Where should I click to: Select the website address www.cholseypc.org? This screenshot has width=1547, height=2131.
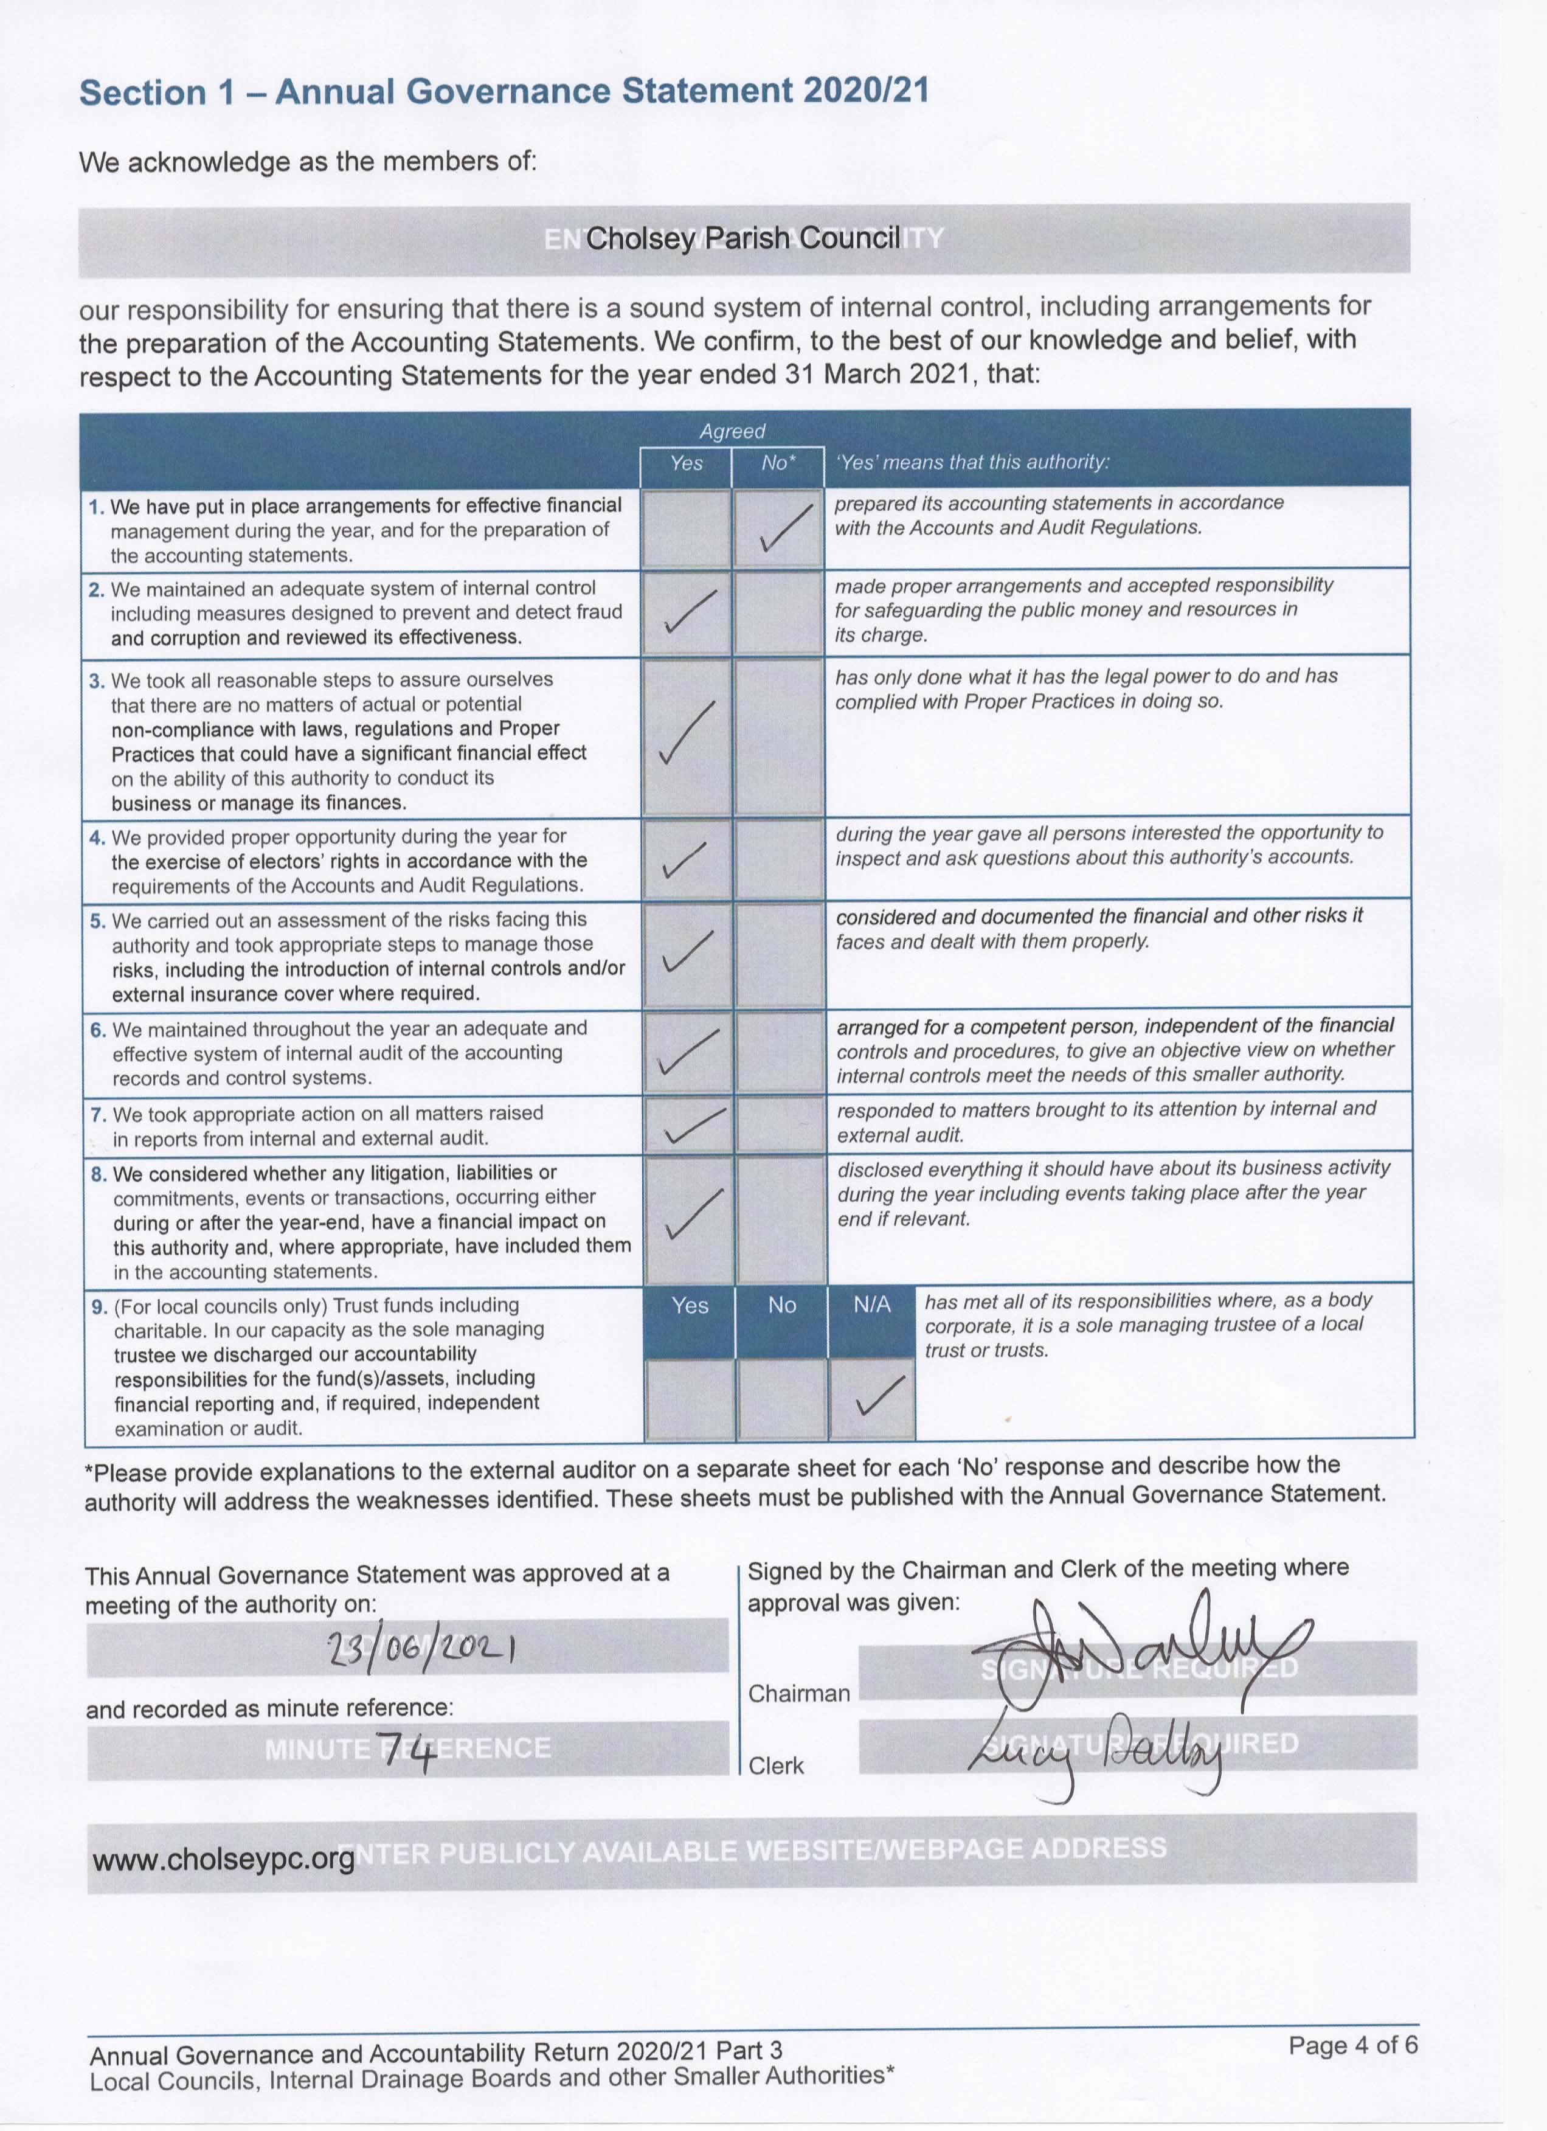(x=224, y=1860)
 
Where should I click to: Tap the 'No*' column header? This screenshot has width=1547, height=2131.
(x=778, y=463)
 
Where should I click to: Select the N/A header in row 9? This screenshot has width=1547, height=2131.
(x=871, y=1305)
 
